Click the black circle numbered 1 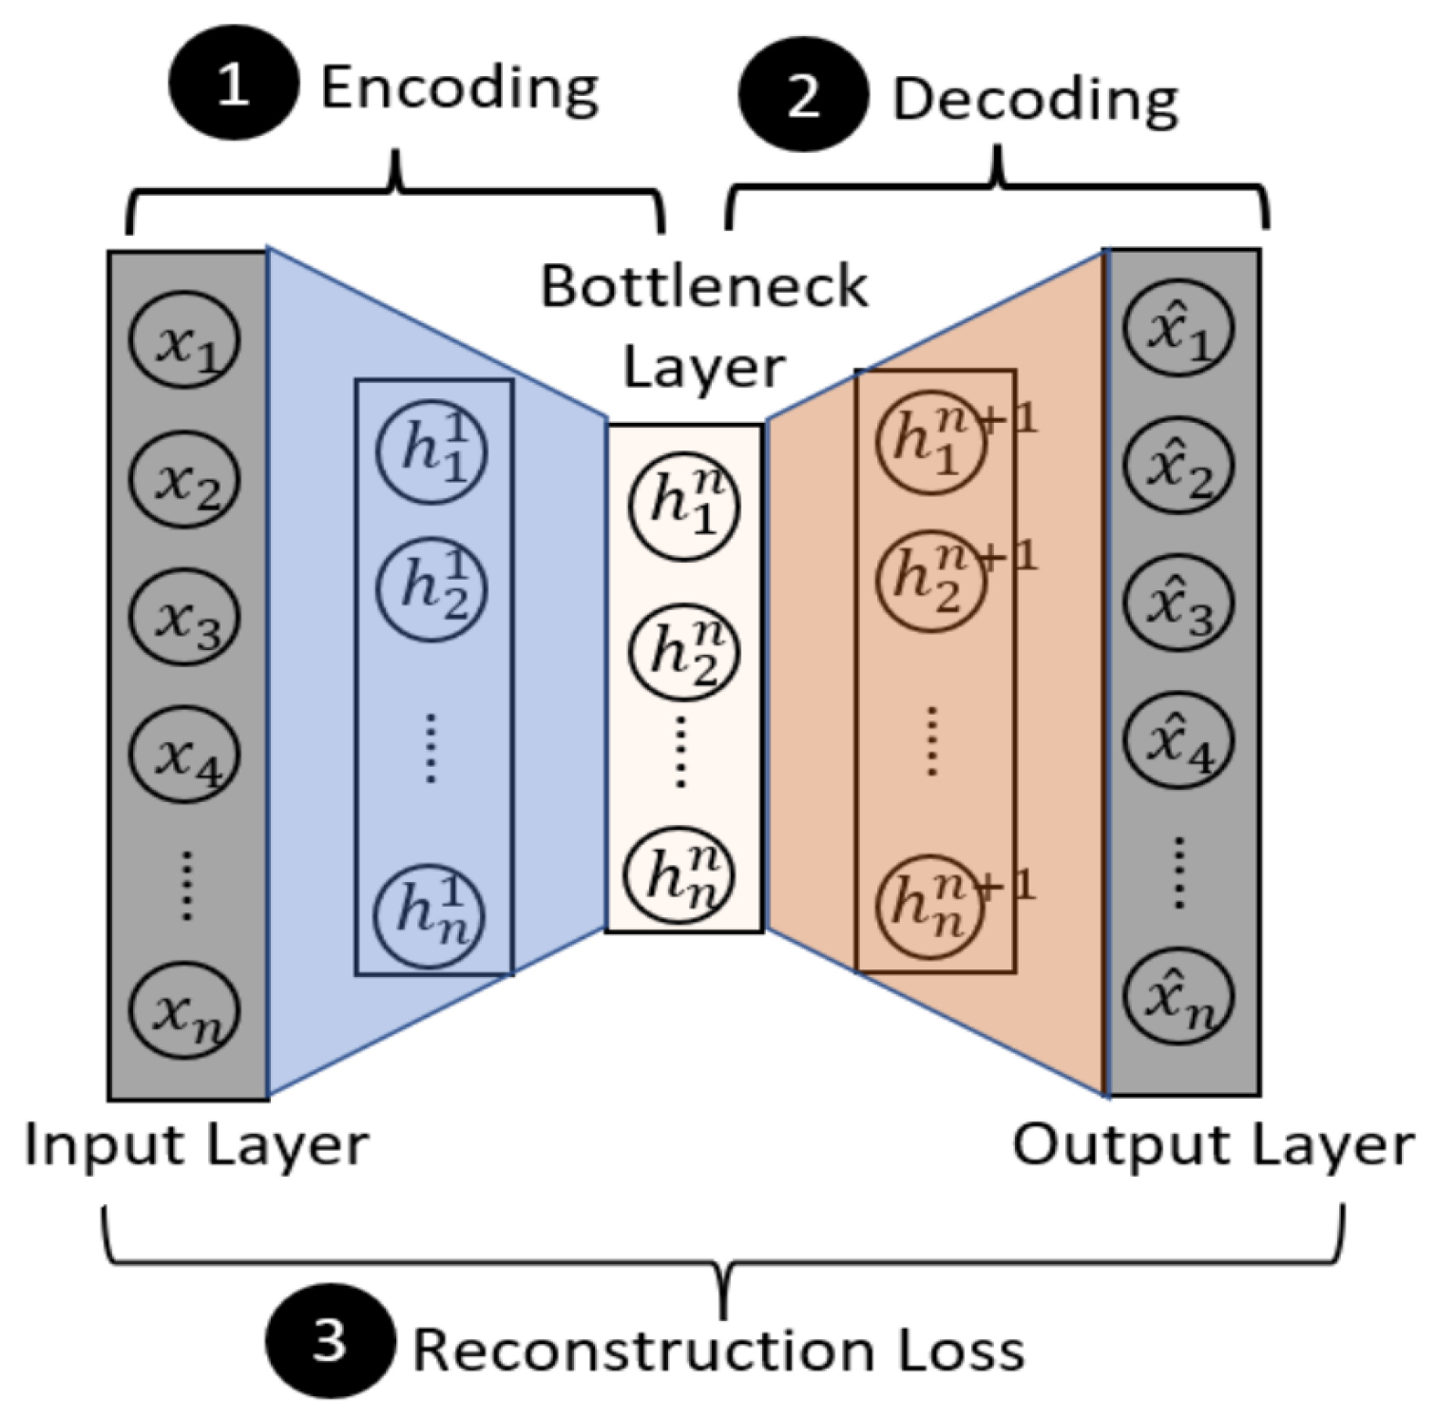point(234,85)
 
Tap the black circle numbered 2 point(804,95)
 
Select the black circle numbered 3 point(330,1342)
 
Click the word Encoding point(460,89)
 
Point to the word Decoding point(1036,100)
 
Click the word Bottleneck point(704,286)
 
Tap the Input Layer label point(197,1146)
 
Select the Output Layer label point(1214,1146)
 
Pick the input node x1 point(184,340)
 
